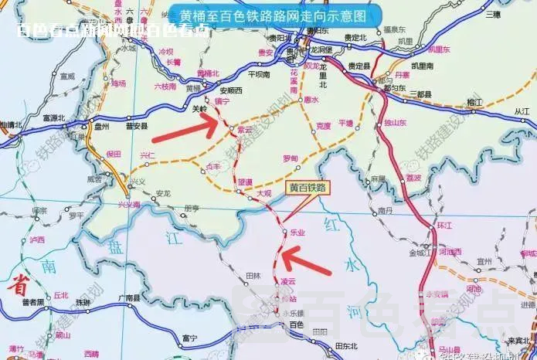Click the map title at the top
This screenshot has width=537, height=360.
tap(272, 15)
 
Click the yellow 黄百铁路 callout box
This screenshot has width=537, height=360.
tap(308, 187)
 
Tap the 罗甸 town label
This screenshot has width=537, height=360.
tap(290, 158)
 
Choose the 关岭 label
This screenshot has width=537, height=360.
tap(199, 110)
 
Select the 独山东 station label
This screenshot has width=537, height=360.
tap(395, 123)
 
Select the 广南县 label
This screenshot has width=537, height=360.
tap(126, 297)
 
